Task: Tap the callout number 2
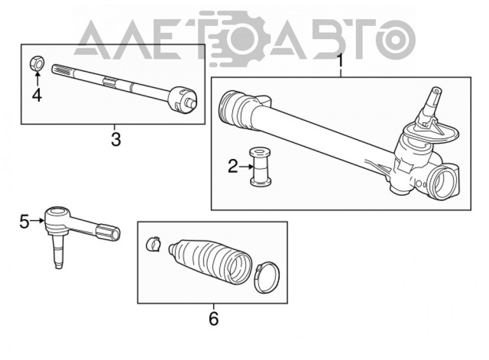[233, 167]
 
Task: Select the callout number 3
[115, 139]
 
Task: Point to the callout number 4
[37, 95]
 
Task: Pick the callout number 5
[24, 222]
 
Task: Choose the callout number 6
[214, 318]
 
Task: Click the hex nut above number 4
[37, 63]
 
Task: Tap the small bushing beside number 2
[260, 167]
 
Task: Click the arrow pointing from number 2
[246, 167]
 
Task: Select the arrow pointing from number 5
[37, 221]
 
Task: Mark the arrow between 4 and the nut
[37, 79]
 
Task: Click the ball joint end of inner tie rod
[182, 99]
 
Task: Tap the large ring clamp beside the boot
[267, 277]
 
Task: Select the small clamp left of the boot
[153, 244]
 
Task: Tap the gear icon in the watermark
[239, 37]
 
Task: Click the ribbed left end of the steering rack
[232, 108]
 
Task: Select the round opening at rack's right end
[442, 183]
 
